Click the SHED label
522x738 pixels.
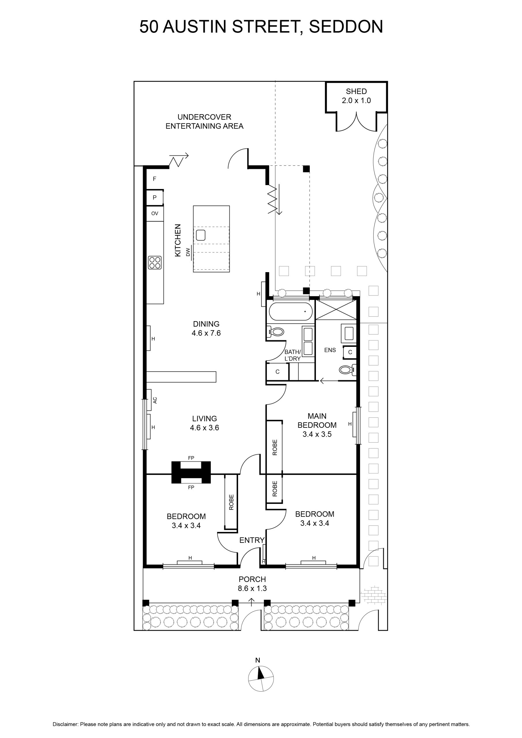(356, 91)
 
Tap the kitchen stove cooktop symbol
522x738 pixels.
(154, 262)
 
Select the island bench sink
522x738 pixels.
(201, 235)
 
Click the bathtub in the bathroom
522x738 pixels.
(291, 311)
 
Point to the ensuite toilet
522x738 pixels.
(347, 370)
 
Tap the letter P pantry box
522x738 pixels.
(154, 198)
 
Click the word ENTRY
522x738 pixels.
(252, 540)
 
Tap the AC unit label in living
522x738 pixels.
(155, 400)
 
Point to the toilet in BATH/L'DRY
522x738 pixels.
(275, 332)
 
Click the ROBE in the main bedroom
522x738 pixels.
(275, 447)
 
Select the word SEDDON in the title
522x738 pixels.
(346, 27)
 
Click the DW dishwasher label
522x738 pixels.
(188, 252)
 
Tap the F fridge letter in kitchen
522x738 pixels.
(154, 179)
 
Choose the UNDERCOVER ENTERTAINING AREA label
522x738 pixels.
(204, 121)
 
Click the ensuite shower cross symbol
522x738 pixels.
(336, 309)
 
